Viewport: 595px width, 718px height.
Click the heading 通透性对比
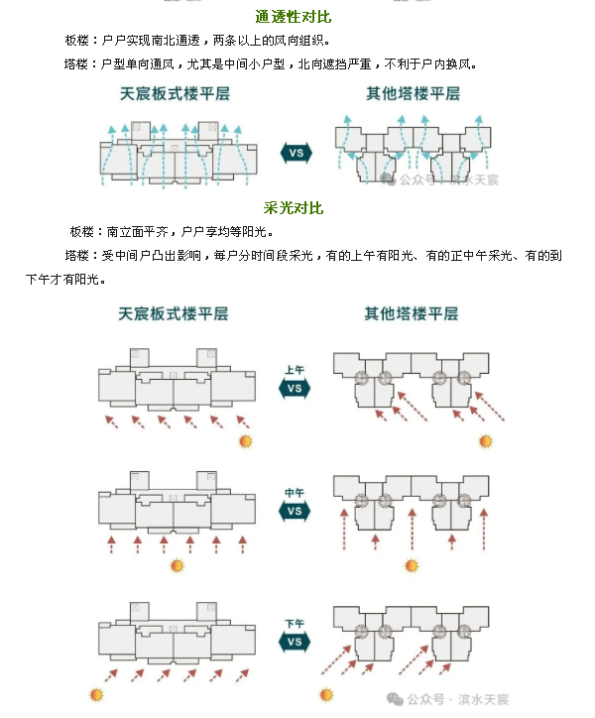294,17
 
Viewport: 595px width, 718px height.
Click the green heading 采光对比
294,209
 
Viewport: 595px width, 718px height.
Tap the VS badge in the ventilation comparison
296,153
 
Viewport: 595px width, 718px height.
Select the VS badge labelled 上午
295,388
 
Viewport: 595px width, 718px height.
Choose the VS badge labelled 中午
295,512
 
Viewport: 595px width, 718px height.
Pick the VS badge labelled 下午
295,642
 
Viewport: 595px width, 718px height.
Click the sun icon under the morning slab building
245,441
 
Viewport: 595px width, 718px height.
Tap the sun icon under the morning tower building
486,441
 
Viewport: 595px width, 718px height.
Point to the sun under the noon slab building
178,566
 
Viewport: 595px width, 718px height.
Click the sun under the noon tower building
412,566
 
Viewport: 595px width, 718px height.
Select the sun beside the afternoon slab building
96,695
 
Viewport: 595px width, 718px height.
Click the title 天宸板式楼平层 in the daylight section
174,313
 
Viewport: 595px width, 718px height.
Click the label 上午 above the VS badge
295,370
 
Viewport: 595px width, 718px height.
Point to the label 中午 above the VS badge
295,494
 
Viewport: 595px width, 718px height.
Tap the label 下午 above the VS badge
295,624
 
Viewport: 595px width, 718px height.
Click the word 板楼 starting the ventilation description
78,41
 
